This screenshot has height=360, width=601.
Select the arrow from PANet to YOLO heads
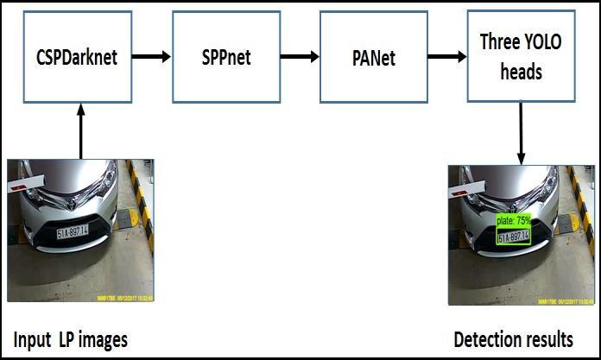pos(446,58)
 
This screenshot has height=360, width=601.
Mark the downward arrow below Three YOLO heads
pos(522,133)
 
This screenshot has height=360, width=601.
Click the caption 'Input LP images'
pos(70,339)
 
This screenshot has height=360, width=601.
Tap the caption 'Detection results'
pos(513,338)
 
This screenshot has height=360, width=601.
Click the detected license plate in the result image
pos(514,236)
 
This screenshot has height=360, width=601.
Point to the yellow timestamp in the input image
pos(122,297)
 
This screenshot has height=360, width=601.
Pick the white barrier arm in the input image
pos(26,182)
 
